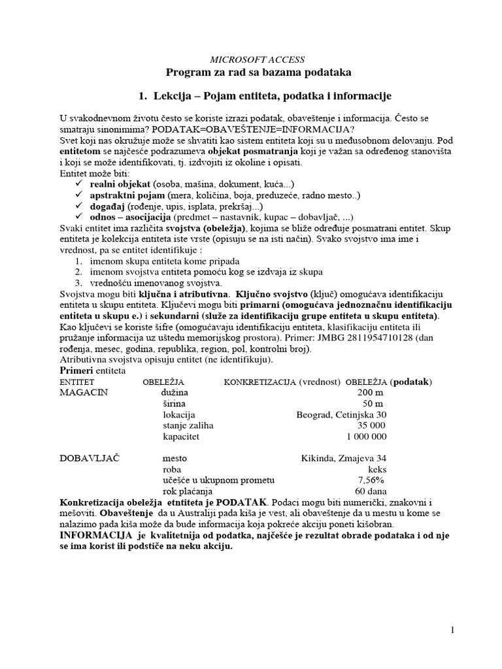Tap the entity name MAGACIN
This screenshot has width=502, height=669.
pos(83,393)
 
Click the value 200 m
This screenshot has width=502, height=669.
pos(371,393)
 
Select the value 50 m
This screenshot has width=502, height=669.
pos(374,404)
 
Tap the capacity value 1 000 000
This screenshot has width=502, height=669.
pos(367,436)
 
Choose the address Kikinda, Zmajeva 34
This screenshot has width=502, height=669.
pos(344,459)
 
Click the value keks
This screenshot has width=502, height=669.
pos(377,469)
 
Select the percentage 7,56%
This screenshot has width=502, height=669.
pos(371,480)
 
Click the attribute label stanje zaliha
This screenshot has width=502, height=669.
pos(190,425)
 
